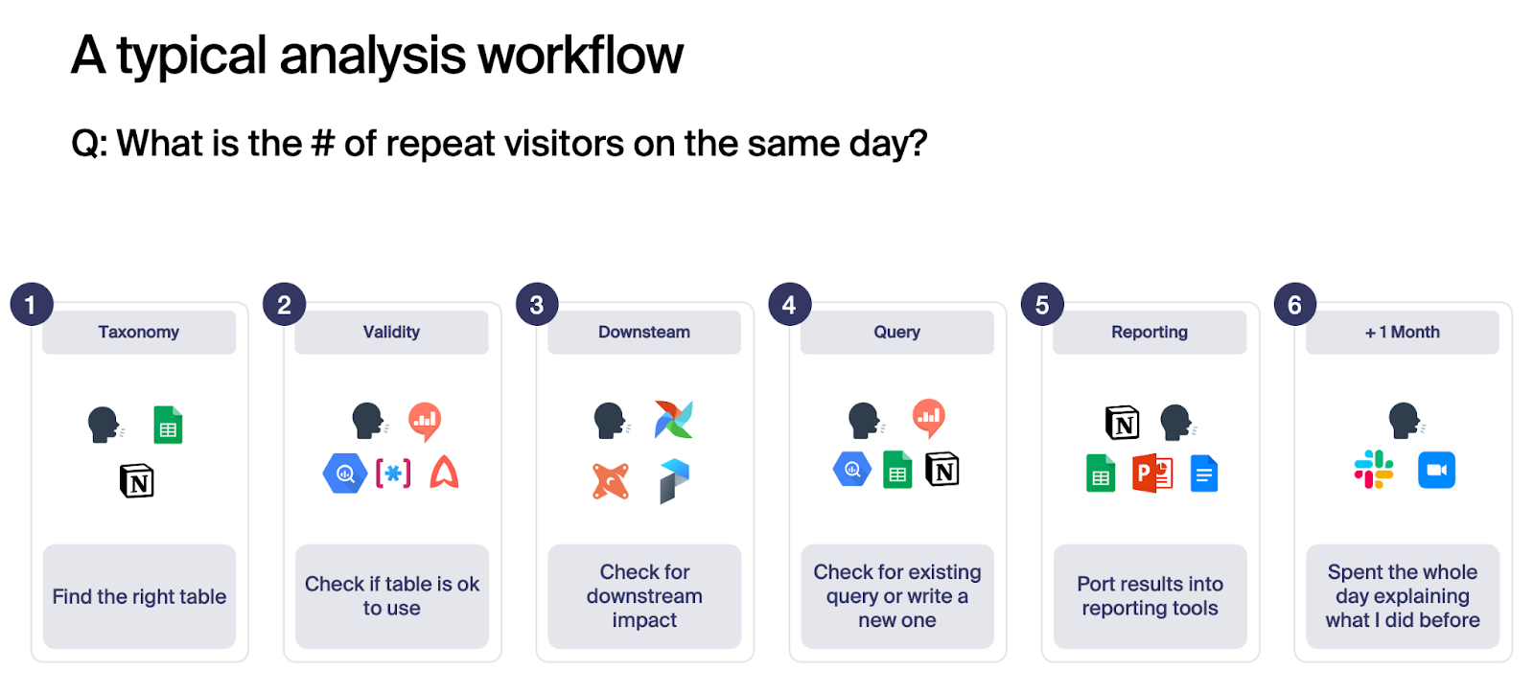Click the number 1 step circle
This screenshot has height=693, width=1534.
coord(32,304)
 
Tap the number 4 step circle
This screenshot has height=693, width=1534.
coord(790,304)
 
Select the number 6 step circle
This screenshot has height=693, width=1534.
coord(1295,304)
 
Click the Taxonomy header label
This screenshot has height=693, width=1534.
coord(139,332)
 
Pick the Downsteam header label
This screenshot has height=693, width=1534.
coord(644,332)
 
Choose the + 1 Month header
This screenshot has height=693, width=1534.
coord(1403,332)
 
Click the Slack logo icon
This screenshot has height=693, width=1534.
coord(1374,470)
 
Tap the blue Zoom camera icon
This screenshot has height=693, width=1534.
coord(1437,470)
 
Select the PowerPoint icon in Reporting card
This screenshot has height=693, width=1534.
coord(1151,474)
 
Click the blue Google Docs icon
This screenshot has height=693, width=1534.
coord(1204,474)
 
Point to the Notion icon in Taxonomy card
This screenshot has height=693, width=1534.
coord(137,481)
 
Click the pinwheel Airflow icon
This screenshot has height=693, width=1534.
coord(674,419)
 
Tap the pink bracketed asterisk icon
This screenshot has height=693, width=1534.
coord(393,474)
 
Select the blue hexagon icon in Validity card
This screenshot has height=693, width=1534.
coord(345,474)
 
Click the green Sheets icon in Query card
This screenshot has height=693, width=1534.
coord(897,470)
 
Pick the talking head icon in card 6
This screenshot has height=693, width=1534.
coord(1406,421)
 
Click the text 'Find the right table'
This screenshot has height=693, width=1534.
coord(139,596)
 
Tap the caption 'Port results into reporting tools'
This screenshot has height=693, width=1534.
coord(1150,596)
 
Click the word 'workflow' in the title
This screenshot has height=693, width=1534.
coord(581,55)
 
